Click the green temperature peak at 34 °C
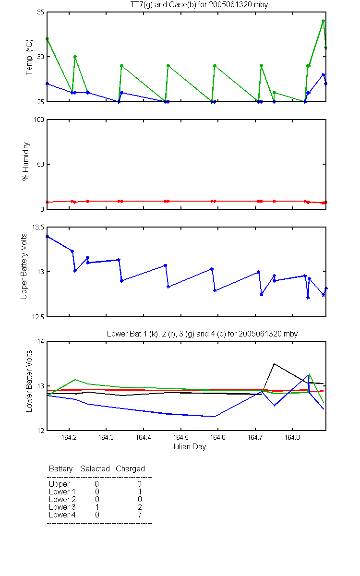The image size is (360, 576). (323, 21)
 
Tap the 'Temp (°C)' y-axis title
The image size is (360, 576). (29, 57)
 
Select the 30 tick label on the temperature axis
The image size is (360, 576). (41, 57)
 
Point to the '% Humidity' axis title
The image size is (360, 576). (26, 161)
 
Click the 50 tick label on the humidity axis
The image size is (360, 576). (41, 164)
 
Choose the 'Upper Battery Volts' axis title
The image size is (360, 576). (24, 266)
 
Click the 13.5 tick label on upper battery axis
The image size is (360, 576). (38, 228)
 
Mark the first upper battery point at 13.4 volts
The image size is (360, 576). (48, 237)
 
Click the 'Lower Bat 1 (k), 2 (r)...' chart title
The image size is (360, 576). (202, 334)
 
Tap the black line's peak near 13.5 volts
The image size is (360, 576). (274, 364)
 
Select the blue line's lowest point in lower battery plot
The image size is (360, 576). (214, 417)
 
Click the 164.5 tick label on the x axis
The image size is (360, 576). (181, 437)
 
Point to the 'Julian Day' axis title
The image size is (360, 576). (189, 447)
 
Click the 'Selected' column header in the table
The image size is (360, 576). (95, 468)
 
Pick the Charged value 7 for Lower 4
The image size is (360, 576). (140, 515)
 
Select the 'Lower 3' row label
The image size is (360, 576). (62, 507)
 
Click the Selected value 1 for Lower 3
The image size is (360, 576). (97, 507)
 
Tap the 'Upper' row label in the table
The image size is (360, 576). (59, 484)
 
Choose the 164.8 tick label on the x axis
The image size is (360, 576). (292, 437)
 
